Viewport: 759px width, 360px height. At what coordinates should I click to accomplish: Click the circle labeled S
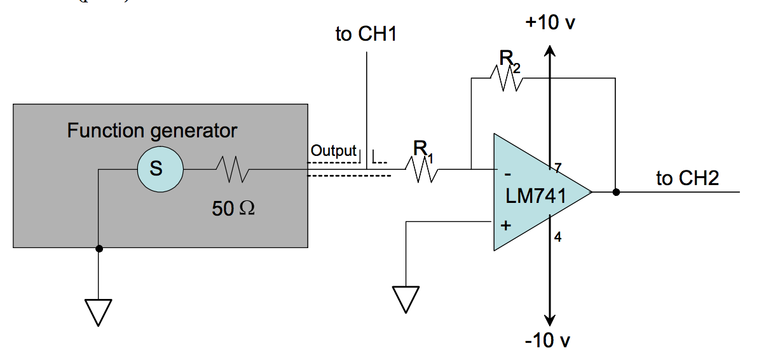pyautogui.click(x=155, y=170)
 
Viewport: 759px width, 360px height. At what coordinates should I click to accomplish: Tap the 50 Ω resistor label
pyautogui.click(x=233, y=208)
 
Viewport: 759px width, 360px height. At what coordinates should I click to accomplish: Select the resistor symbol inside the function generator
pyautogui.click(x=233, y=170)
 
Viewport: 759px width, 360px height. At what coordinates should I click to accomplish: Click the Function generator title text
pyautogui.click(x=152, y=131)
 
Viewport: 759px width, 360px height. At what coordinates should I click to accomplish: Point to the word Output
pyautogui.click(x=333, y=151)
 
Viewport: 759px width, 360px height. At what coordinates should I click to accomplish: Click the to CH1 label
pyautogui.click(x=366, y=34)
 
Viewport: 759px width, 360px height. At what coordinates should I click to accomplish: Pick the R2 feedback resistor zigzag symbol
pyautogui.click(x=507, y=78)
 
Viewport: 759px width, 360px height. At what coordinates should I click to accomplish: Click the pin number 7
pyautogui.click(x=557, y=169)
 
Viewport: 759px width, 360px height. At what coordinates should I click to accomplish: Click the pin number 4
pyautogui.click(x=557, y=237)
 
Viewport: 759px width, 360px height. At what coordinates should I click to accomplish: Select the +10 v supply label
pyautogui.click(x=550, y=23)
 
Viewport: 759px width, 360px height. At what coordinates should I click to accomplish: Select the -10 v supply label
pyautogui.click(x=547, y=341)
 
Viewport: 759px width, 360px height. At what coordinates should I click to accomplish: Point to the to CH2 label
pyautogui.click(x=687, y=178)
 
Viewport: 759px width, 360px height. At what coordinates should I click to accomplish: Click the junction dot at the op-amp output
pyautogui.click(x=615, y=191)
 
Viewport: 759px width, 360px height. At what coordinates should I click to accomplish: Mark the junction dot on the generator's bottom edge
pyautogui.click(x=99, y=248)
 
